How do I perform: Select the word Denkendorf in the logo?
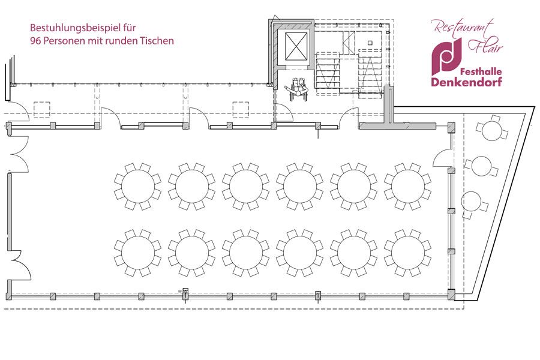(466, 82)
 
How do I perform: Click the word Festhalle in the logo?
(481, 71)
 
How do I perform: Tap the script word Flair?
(485, 47)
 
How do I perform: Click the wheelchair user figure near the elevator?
(297, 89)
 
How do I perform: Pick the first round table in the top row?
(138, 187)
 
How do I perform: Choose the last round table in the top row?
(408, 187)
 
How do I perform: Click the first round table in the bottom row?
(138, 253)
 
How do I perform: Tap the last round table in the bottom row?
(408, 253)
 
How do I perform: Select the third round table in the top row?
(245, 187)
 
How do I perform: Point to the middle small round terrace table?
(481, 166)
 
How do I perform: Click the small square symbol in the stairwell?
(370, 43)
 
